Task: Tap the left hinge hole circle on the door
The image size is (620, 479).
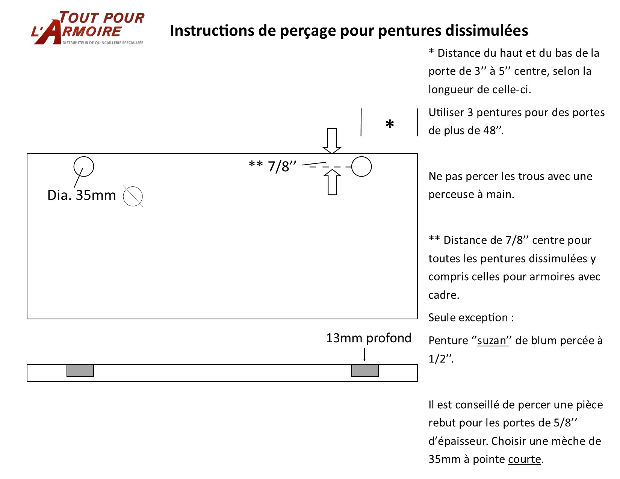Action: [83, 166]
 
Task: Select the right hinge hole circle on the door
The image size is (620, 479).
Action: [361, 166]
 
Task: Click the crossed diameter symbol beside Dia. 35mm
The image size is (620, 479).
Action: [133, 196]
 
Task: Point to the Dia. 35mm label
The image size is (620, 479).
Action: [82, 195]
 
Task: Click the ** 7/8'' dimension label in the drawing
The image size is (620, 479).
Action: [273, 166]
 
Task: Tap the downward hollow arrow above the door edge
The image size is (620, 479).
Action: [332, 141]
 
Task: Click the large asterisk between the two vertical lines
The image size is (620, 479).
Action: [390, 124]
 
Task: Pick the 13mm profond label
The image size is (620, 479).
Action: [369, 338]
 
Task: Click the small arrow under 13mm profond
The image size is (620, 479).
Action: [364, 355]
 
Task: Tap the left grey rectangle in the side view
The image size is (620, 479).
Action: [80, 370]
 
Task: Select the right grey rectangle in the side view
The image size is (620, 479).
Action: [365, 370]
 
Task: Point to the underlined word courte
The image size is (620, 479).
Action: [525, 459]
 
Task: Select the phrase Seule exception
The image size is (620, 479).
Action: [468, 318]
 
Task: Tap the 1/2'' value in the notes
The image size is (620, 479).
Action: [440, 359]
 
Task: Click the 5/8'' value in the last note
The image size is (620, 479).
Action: [565, 423]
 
